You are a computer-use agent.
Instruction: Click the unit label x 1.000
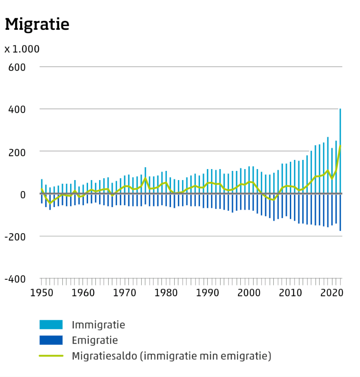click(x=22, y=49)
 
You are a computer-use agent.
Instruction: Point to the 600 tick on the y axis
click(x=17, y=67)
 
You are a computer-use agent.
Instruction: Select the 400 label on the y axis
click(x=17, y=109)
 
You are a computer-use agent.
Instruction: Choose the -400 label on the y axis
click(x=16, y=279)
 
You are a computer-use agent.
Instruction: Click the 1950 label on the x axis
click(x=41, y=292)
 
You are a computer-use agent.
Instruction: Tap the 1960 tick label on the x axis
click(x=83, y=292)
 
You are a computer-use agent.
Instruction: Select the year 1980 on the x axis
click(x=166, y=292)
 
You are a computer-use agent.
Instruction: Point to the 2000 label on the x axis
click(x=249, y=292)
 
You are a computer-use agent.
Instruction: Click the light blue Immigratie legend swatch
click(x=51, y=325)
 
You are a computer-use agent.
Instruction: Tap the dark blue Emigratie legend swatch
click(x=51, y=340)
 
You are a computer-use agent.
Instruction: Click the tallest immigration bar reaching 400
click(x=340, y=151)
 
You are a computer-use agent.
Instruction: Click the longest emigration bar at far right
click(x=340, y=213)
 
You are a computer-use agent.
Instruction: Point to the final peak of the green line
click(x=340, y=146)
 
